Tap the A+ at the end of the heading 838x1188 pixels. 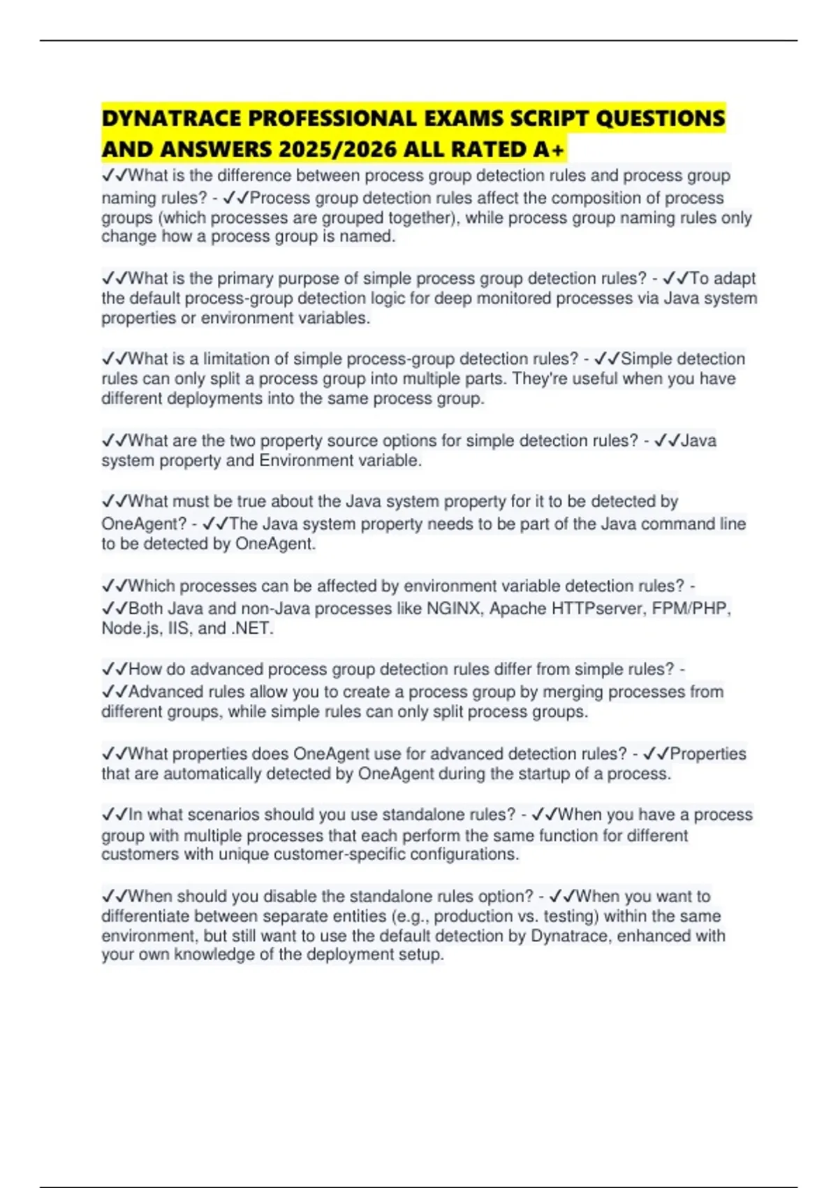click(x=550, y=150)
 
